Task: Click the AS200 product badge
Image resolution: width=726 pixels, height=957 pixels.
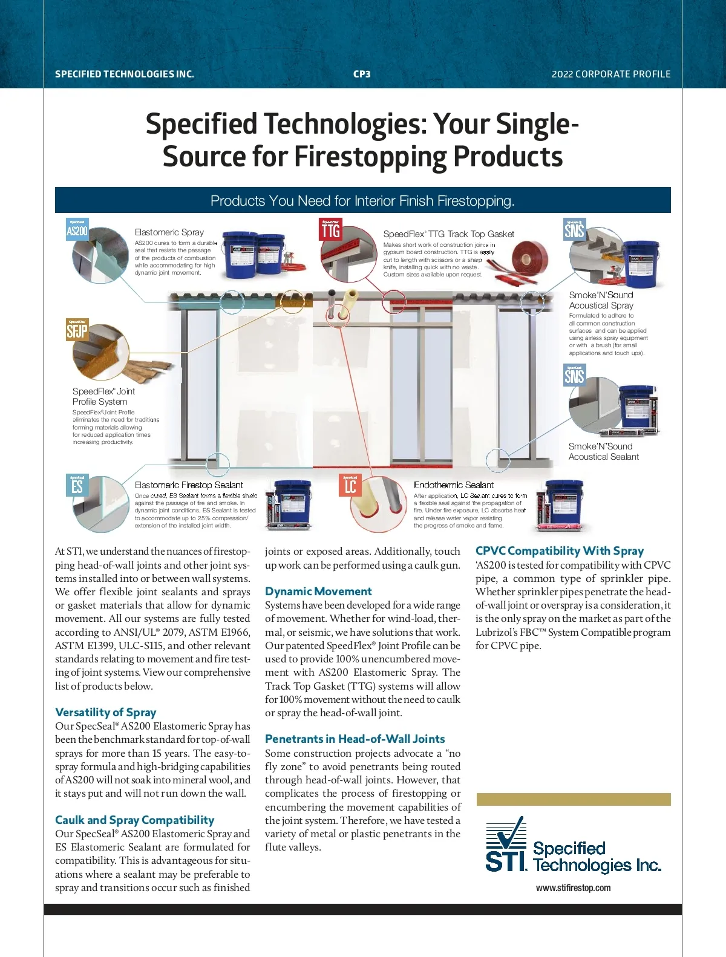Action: click(x=77, y=229)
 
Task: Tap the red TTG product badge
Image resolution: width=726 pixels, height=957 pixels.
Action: click(x=330, y=229)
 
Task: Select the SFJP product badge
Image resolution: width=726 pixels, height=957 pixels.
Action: click(x=77, y=330)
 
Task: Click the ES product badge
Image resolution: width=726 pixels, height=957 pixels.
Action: click(x=77, y=485)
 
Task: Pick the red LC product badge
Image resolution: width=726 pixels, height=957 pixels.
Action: click(x=350, y=485)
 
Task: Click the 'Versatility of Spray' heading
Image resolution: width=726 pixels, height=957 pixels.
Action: click(x=105, y=712)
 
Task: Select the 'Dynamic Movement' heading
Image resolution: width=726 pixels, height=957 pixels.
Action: click(x=318, y=591)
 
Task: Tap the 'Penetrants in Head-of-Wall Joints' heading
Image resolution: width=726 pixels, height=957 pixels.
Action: click(x=355, y=739)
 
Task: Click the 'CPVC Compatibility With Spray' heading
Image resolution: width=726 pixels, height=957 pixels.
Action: click(x=559, y=550)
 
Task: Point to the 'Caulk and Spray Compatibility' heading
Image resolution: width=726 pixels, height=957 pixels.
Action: click(x=134, y=820)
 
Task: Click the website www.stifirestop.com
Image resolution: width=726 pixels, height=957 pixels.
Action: click(x=573, y=888)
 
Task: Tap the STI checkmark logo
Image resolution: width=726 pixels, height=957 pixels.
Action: click(x=506, y=844)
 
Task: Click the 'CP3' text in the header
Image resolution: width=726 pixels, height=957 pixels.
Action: click(x=362, y=74)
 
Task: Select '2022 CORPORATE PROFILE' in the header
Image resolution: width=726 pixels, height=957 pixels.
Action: click(x=611, y=74)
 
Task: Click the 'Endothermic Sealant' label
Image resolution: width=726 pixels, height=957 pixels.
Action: click(x=454, y=485)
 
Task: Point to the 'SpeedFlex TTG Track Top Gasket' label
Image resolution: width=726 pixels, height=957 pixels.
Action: click(x=448, y=234)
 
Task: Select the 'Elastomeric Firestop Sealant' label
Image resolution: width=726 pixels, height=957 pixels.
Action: click(x=189, y=485)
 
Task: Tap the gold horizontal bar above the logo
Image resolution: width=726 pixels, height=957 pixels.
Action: click(x=574, y=799)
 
